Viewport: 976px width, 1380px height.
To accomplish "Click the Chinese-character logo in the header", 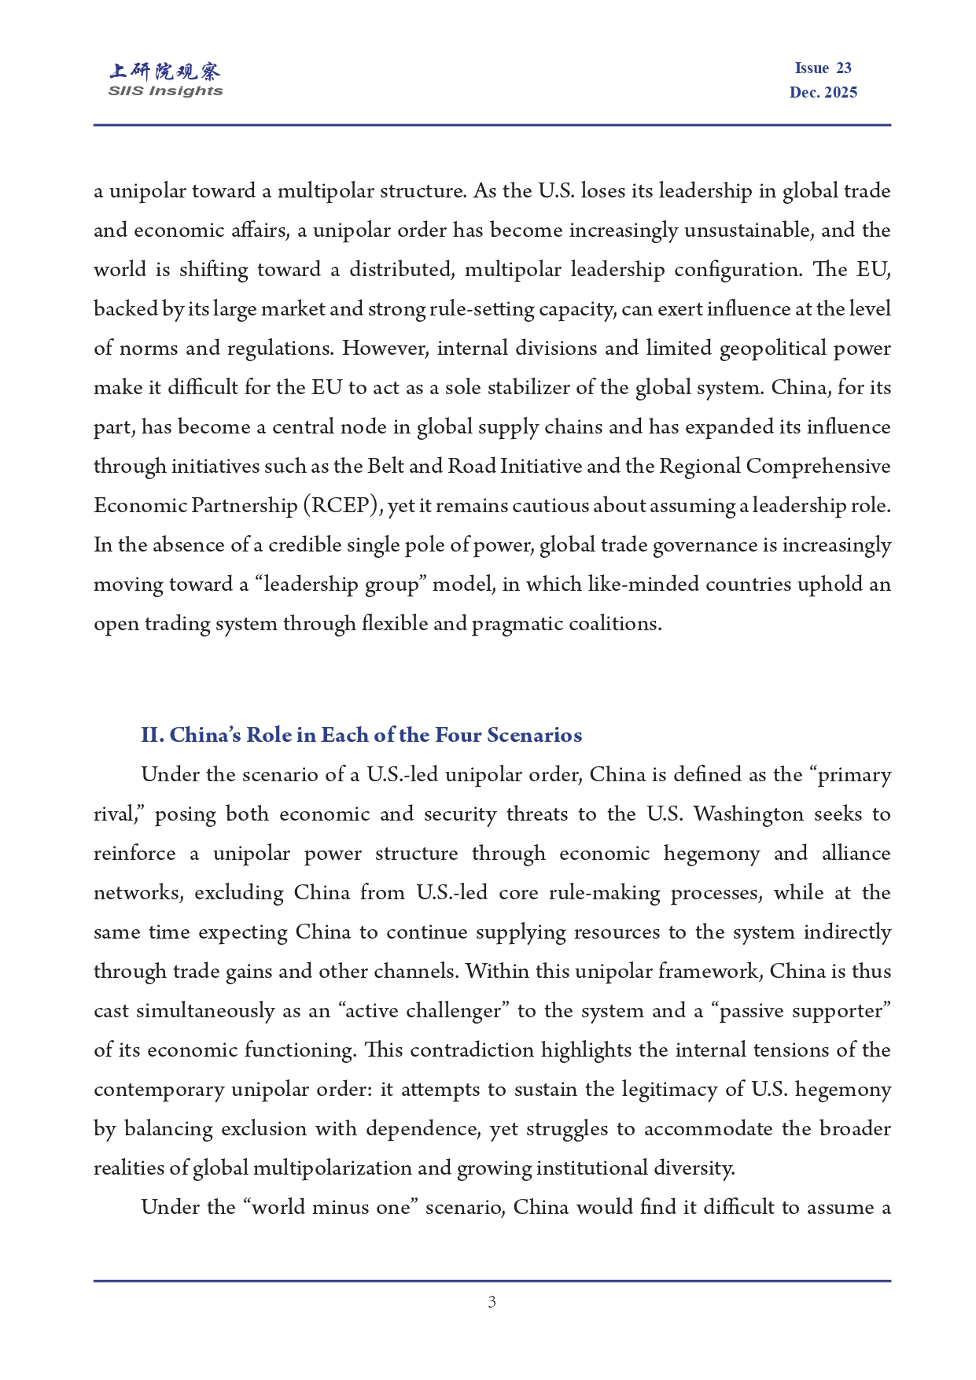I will (x=165, y=72).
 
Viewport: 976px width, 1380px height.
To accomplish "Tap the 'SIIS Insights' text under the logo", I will (x=165, y=91).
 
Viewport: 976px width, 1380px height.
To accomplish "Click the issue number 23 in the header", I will (x=844, y=68).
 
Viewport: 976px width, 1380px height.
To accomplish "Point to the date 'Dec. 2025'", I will (x=823, y=93).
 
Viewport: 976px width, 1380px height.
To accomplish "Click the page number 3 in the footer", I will (x=492, y=1302).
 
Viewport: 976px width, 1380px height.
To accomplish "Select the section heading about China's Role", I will (x=362, y=735).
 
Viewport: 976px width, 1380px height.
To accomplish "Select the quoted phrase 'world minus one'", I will (x=330, y=1207).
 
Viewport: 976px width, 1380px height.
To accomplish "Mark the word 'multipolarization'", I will (x=333, y=1168).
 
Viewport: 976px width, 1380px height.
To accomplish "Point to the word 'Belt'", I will (x=385, y=467).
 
